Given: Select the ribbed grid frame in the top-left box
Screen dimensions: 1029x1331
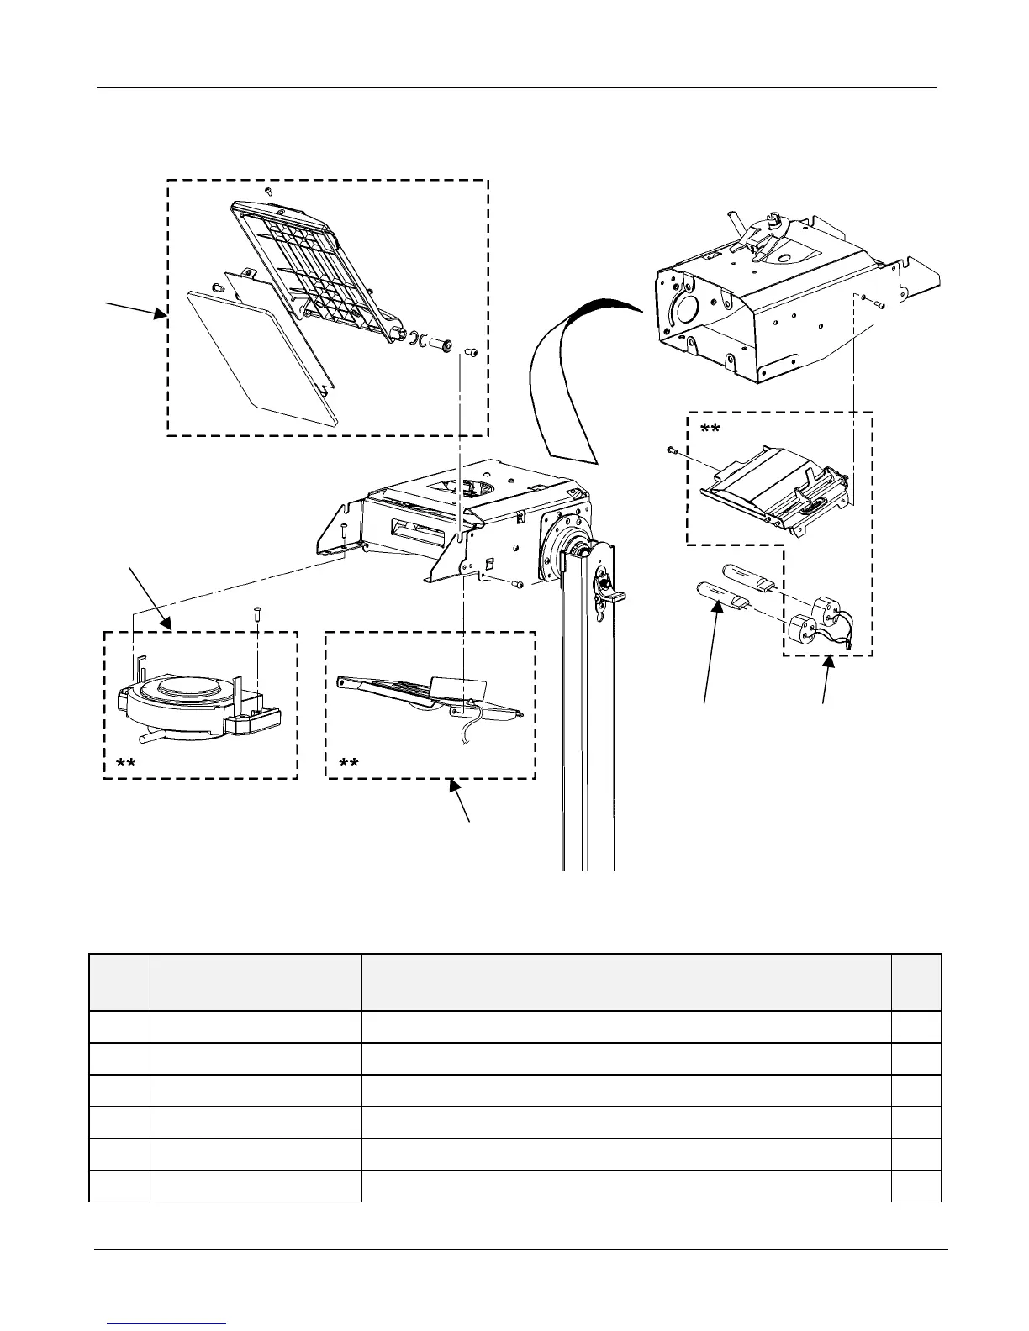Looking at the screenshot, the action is (312, 268).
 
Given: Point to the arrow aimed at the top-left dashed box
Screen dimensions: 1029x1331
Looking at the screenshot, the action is (135, 308).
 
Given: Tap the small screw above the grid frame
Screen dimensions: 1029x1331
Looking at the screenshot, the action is (268, 192).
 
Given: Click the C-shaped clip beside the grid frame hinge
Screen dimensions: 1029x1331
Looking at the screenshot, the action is (415, 339).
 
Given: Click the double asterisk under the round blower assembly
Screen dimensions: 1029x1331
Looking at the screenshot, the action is (127, 764).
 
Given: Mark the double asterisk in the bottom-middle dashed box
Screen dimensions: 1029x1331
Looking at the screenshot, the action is (348, 764).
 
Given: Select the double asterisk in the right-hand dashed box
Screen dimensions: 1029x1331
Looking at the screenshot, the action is (710, 430).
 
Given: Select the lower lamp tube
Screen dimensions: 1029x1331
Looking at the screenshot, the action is (720, 597).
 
